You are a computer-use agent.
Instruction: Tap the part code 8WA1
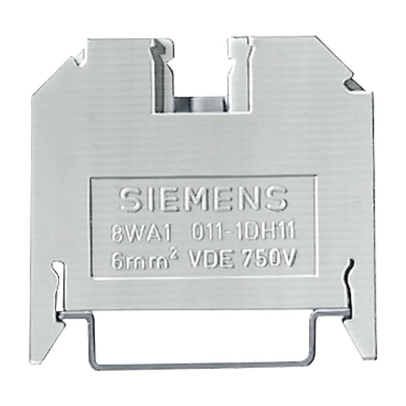[141, 233]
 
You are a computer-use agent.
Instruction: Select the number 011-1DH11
[243, 231]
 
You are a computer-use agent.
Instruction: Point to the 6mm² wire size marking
[145, 260]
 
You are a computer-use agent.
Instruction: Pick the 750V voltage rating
[269, 258]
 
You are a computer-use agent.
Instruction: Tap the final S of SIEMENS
[276, 198]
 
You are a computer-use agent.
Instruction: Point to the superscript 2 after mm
[175, 256]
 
